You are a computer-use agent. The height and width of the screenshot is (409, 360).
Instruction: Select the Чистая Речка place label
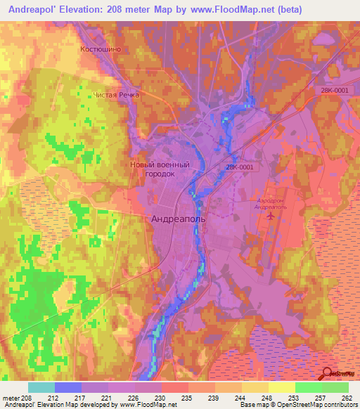[x=117, y=94]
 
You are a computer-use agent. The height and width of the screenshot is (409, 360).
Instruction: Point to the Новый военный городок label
[x=160, y=169]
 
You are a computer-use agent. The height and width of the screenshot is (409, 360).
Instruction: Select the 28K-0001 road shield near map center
[x=240, y=167]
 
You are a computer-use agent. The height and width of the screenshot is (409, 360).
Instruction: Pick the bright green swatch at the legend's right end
[x=335, y=387]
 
